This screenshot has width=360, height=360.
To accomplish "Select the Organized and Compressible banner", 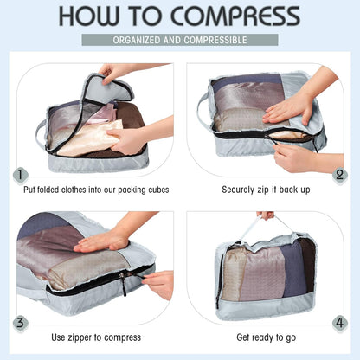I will (180, 40).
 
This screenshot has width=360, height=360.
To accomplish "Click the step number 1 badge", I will (20, 176).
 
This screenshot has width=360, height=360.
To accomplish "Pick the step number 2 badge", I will (339, 176).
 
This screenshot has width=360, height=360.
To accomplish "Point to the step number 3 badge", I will (20, 324).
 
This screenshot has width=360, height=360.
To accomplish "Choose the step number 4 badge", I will (339, 324).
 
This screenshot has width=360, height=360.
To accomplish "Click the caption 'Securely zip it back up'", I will (266, 188).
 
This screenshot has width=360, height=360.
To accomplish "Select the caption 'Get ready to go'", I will (266, 336).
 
